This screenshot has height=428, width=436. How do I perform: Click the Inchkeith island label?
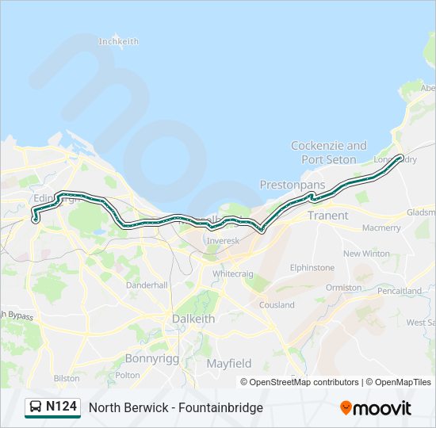pos(118,41)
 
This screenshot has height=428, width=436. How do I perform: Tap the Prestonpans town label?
pos(293,185)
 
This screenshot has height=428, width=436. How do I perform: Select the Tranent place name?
pos(327,215)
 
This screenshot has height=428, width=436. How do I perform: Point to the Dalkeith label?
pos(193,319)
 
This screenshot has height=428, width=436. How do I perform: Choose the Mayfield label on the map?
pos(229,363)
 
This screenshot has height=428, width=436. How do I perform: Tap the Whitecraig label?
pos(232,273)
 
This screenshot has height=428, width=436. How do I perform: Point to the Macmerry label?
pos(381,227)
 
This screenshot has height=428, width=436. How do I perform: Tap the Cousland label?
pos(276,304)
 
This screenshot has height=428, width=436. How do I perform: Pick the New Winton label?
pos(366,254)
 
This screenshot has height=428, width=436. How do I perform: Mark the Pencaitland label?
pos(400,291)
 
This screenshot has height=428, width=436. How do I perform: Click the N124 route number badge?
pos(61,407)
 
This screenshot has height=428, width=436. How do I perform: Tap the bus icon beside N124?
pos(36,407)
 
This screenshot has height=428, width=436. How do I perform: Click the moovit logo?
pos(376,407)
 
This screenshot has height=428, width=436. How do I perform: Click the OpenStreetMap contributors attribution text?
pos(304,382)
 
